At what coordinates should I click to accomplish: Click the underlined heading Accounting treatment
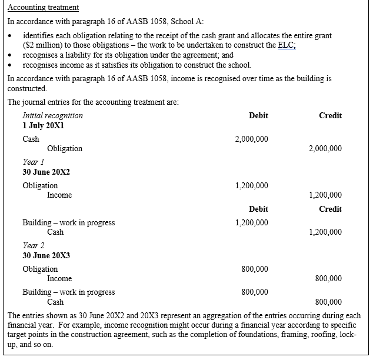click(43, 8)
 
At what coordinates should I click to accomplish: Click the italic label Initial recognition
click(52, 116)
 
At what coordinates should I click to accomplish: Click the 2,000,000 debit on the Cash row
click(251, 139)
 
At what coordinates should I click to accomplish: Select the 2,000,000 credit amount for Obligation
click(325, 149)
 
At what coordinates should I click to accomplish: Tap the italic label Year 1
click(31, 162)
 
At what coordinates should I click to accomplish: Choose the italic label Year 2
click(31, 246)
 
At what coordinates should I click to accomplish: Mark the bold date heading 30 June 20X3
click(46, 255)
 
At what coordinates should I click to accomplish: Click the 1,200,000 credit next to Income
click(325, 195)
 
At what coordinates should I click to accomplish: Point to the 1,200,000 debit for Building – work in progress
click(251, 223)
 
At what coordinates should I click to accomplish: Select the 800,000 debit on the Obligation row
click(255, 269)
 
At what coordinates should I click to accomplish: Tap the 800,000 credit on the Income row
click(328, 279)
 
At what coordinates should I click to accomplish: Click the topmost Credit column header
click(330, 116)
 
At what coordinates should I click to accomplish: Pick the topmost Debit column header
click(258, 116)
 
